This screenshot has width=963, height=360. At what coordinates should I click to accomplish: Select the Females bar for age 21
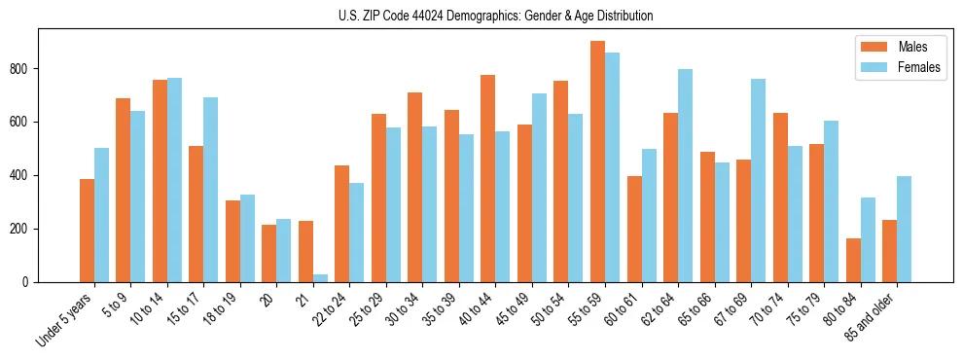coord(320,278)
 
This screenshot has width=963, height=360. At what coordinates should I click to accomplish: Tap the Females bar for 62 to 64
coord(685,176)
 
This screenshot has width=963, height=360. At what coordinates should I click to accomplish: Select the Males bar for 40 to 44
coord(488,179)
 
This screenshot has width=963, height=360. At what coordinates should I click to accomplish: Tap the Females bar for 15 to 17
coord(210,190)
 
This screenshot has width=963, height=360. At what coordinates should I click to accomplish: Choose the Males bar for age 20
coord(268,254)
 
